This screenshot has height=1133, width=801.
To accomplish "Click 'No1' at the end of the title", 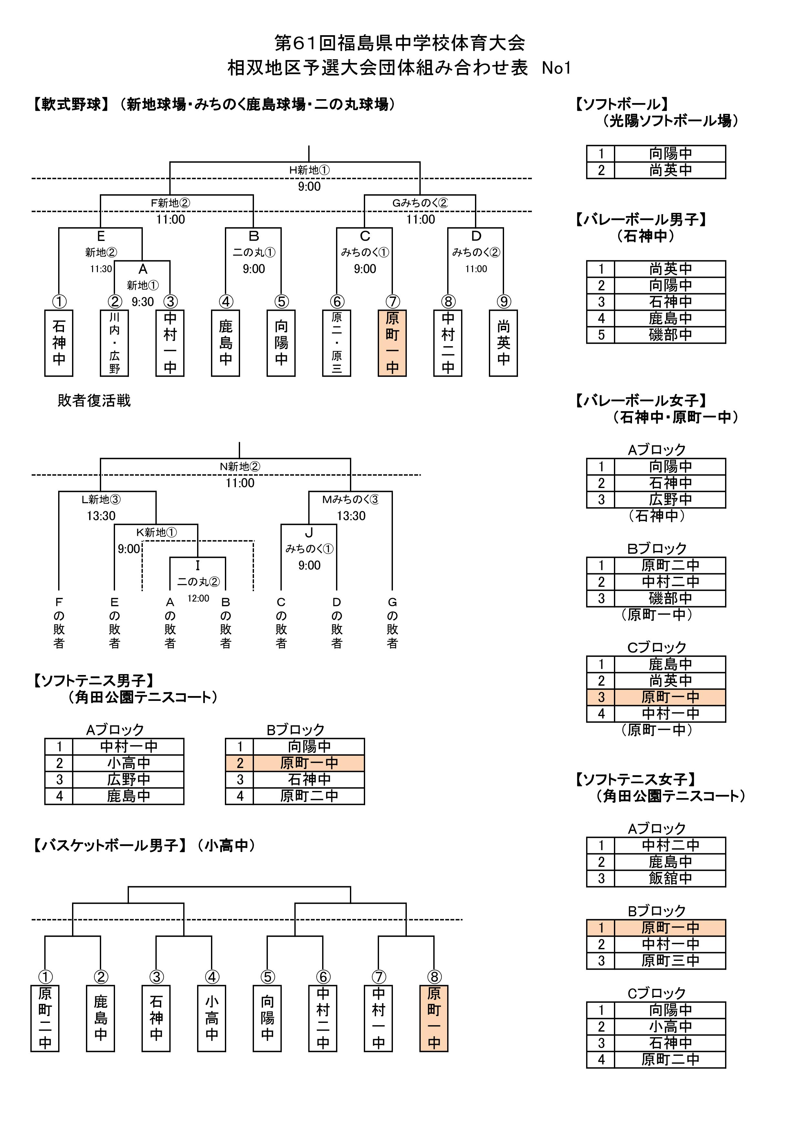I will pos(556,68).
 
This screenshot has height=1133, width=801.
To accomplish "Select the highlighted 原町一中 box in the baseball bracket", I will pos(392,343).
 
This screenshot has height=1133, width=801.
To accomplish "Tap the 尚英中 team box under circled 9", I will pos(503,343).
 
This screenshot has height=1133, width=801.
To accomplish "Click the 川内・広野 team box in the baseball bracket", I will pos(114,343).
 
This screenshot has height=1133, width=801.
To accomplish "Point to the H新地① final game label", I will pos(310,170).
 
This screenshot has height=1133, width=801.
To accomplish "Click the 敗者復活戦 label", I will pos(94,400).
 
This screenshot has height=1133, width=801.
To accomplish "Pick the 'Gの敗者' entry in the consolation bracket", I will pos(392,622).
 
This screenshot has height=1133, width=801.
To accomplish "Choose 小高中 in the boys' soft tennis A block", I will pos(128,763).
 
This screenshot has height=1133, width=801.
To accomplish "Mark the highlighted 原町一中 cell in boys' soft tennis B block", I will pos(309,763).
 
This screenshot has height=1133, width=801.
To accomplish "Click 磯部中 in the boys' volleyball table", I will pos(670,335).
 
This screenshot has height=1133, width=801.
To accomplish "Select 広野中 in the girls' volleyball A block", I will pos(670,499).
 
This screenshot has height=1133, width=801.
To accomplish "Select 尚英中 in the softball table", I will pos(670,170).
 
